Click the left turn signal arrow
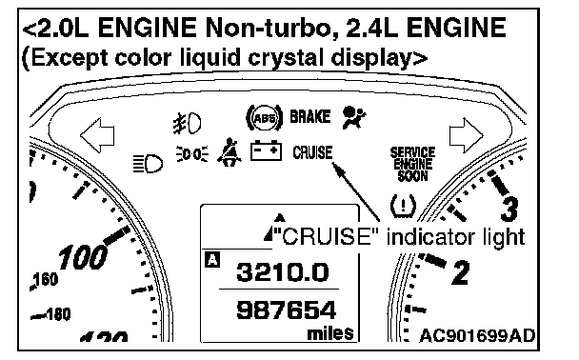pyautogui.click(x=97, y=135)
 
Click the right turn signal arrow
pyautogui.click(x=466, y=135)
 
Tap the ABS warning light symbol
pyautogui.click(x=265, y=118)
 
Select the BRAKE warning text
pyautogui.click(x=309, y=117)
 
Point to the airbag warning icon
pyautogui.click(x=353, y=117)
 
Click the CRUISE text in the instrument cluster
pyautogui.click(x=312, y=152)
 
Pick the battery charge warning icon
pyautogui.click(x=266, y=150)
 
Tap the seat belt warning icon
pyautogui.click(x=229, y=152)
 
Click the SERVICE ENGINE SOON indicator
pyautogui.click(x=412, y=164)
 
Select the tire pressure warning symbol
pyautogui.click(x=403, y=205)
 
